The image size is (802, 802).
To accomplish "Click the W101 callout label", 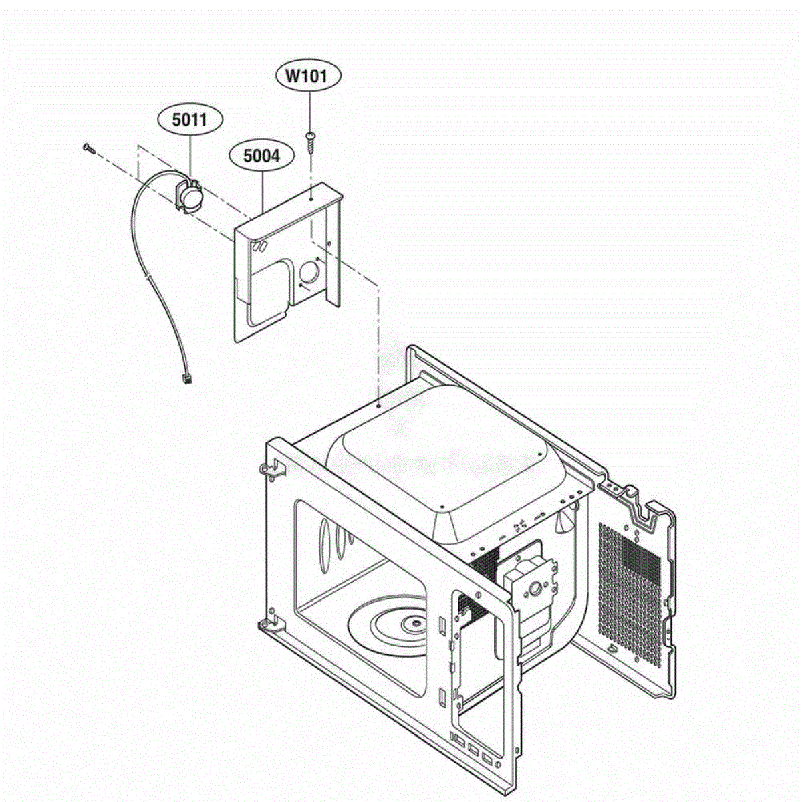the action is (x=308, y=76).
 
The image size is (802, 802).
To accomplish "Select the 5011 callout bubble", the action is (x=190, y=120).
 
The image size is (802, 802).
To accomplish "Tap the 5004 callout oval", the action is (x=262, y=156).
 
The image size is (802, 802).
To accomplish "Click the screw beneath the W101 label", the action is (x=310, y=142).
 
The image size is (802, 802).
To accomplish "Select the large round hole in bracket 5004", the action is (x=308, y=273).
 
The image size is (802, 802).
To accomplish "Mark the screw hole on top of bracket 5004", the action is (x=311, y=199).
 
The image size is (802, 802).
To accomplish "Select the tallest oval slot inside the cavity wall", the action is (x=324, y=545).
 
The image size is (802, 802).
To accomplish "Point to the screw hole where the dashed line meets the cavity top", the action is (x=378, y=405).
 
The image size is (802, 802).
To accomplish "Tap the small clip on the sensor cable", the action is (x=147, y=275).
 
